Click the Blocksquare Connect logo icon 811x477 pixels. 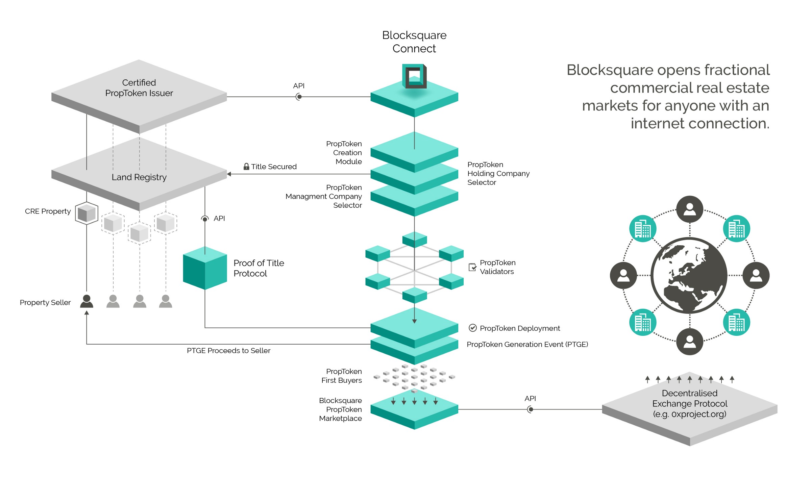[414, 76]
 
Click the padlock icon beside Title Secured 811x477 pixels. [246, 166]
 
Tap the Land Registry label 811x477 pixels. [139, 177]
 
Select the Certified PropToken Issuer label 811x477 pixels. [139, 88]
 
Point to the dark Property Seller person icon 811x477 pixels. [87, 301]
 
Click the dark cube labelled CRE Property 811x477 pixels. [87, 213]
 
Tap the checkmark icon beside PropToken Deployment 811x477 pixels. [472, 328]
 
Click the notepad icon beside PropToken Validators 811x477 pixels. [472, 267]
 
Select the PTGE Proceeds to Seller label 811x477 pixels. [228, 351]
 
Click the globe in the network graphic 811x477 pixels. [689, 275]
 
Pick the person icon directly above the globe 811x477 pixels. [690, 209]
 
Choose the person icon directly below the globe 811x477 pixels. [690, 342]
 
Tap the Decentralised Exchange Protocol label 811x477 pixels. [689, 403]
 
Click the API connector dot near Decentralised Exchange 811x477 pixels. [531, 409]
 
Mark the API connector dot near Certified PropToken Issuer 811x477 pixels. [299, 97]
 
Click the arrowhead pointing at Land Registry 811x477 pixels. [229, 174]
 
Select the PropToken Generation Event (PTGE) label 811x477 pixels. [527, 344]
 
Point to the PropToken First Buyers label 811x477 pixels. [341, 376]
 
